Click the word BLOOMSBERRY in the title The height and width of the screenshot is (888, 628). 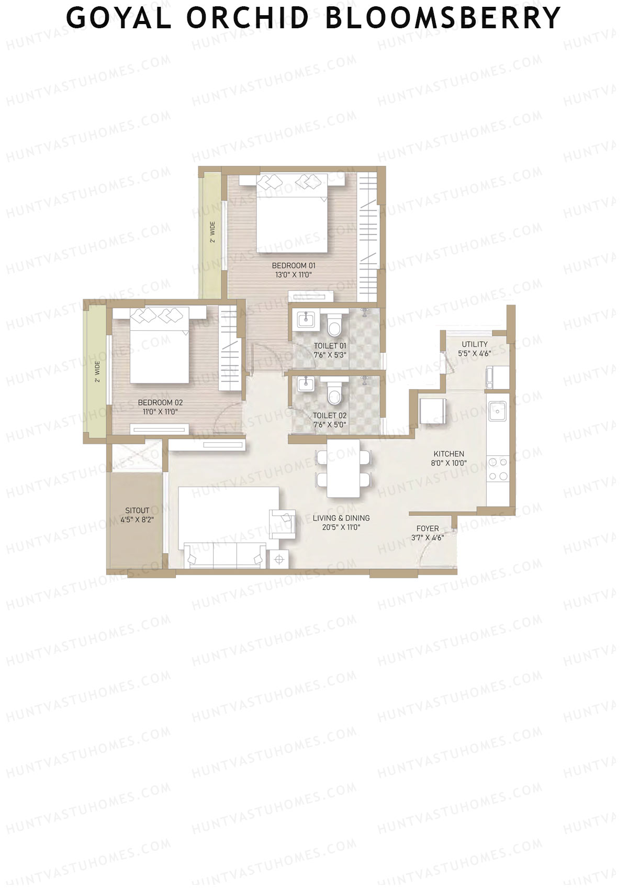click(443, 18)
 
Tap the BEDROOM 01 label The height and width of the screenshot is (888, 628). click(294, 266)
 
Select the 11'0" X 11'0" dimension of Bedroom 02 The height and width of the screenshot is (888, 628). click(160, 412)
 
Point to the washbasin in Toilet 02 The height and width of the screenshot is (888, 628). click(305, 384)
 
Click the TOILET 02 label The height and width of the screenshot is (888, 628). click(330, 415)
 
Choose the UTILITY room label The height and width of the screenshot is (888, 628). click(475, 344)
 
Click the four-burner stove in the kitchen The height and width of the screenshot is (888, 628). click(498, 469)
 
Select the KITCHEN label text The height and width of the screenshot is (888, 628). click(449, 454)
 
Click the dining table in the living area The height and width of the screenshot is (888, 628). click(343, 468)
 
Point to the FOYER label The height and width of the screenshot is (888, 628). click(428, 529)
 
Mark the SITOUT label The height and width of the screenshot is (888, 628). click(137, 510)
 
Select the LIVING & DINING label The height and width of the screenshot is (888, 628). click(341, 518)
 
